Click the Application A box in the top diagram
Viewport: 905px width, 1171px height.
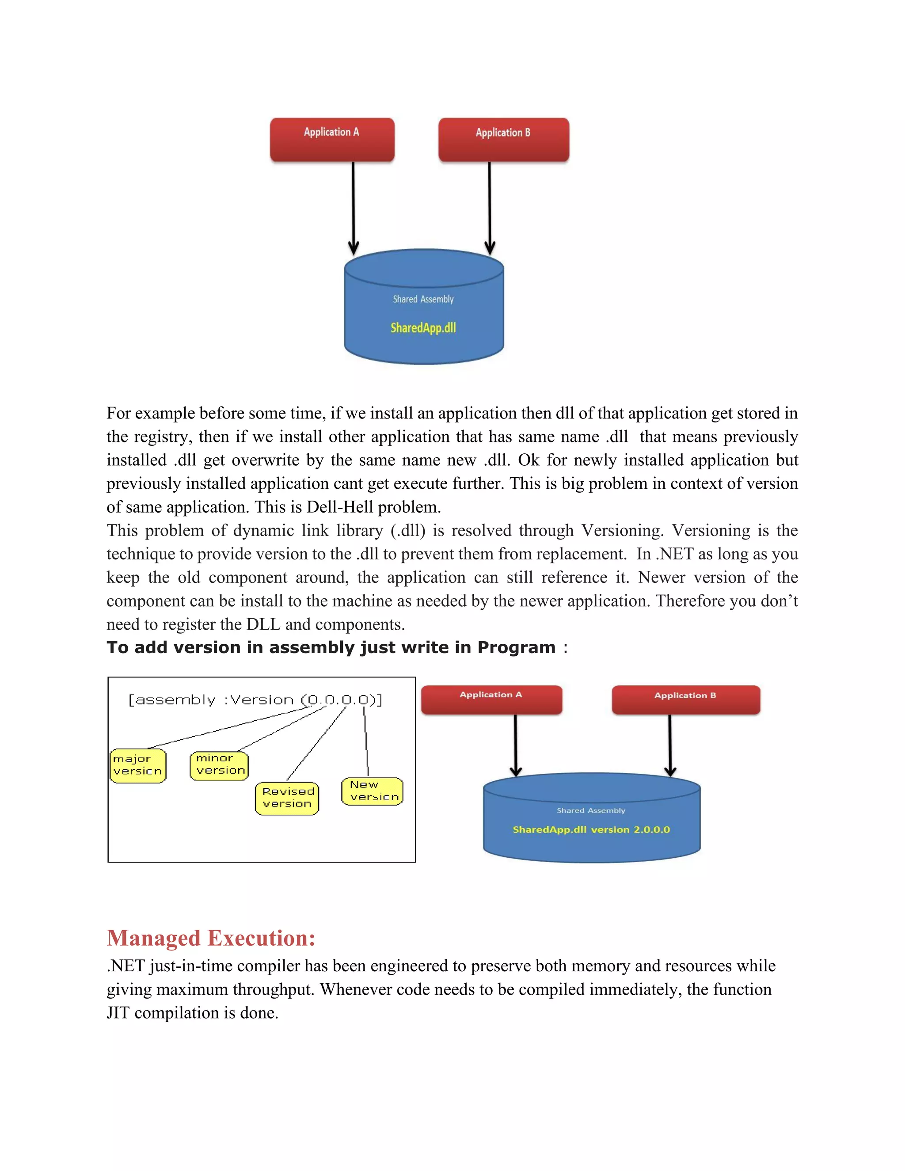coord(332,139)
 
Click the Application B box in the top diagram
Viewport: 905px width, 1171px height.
coord(503,139)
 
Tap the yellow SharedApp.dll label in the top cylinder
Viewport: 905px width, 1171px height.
coord(423,327)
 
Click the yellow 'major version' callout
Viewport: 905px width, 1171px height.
coord(138,765)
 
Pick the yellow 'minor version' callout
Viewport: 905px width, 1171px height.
coord(219,765)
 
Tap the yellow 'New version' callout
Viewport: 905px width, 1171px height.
coord(372,791)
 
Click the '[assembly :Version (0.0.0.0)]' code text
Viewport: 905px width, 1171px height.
coord(255,700)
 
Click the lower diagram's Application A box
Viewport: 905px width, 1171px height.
coord(491,699)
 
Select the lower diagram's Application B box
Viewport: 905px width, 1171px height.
coord(685,699)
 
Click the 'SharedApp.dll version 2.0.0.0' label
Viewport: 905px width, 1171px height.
coord(591,829)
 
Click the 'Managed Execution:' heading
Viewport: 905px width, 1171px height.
coord(211,938)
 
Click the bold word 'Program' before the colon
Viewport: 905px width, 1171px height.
coord(516,647)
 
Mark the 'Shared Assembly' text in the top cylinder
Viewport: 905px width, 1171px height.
coord(423,299)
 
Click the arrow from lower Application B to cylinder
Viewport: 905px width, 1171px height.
coord(669,745)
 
